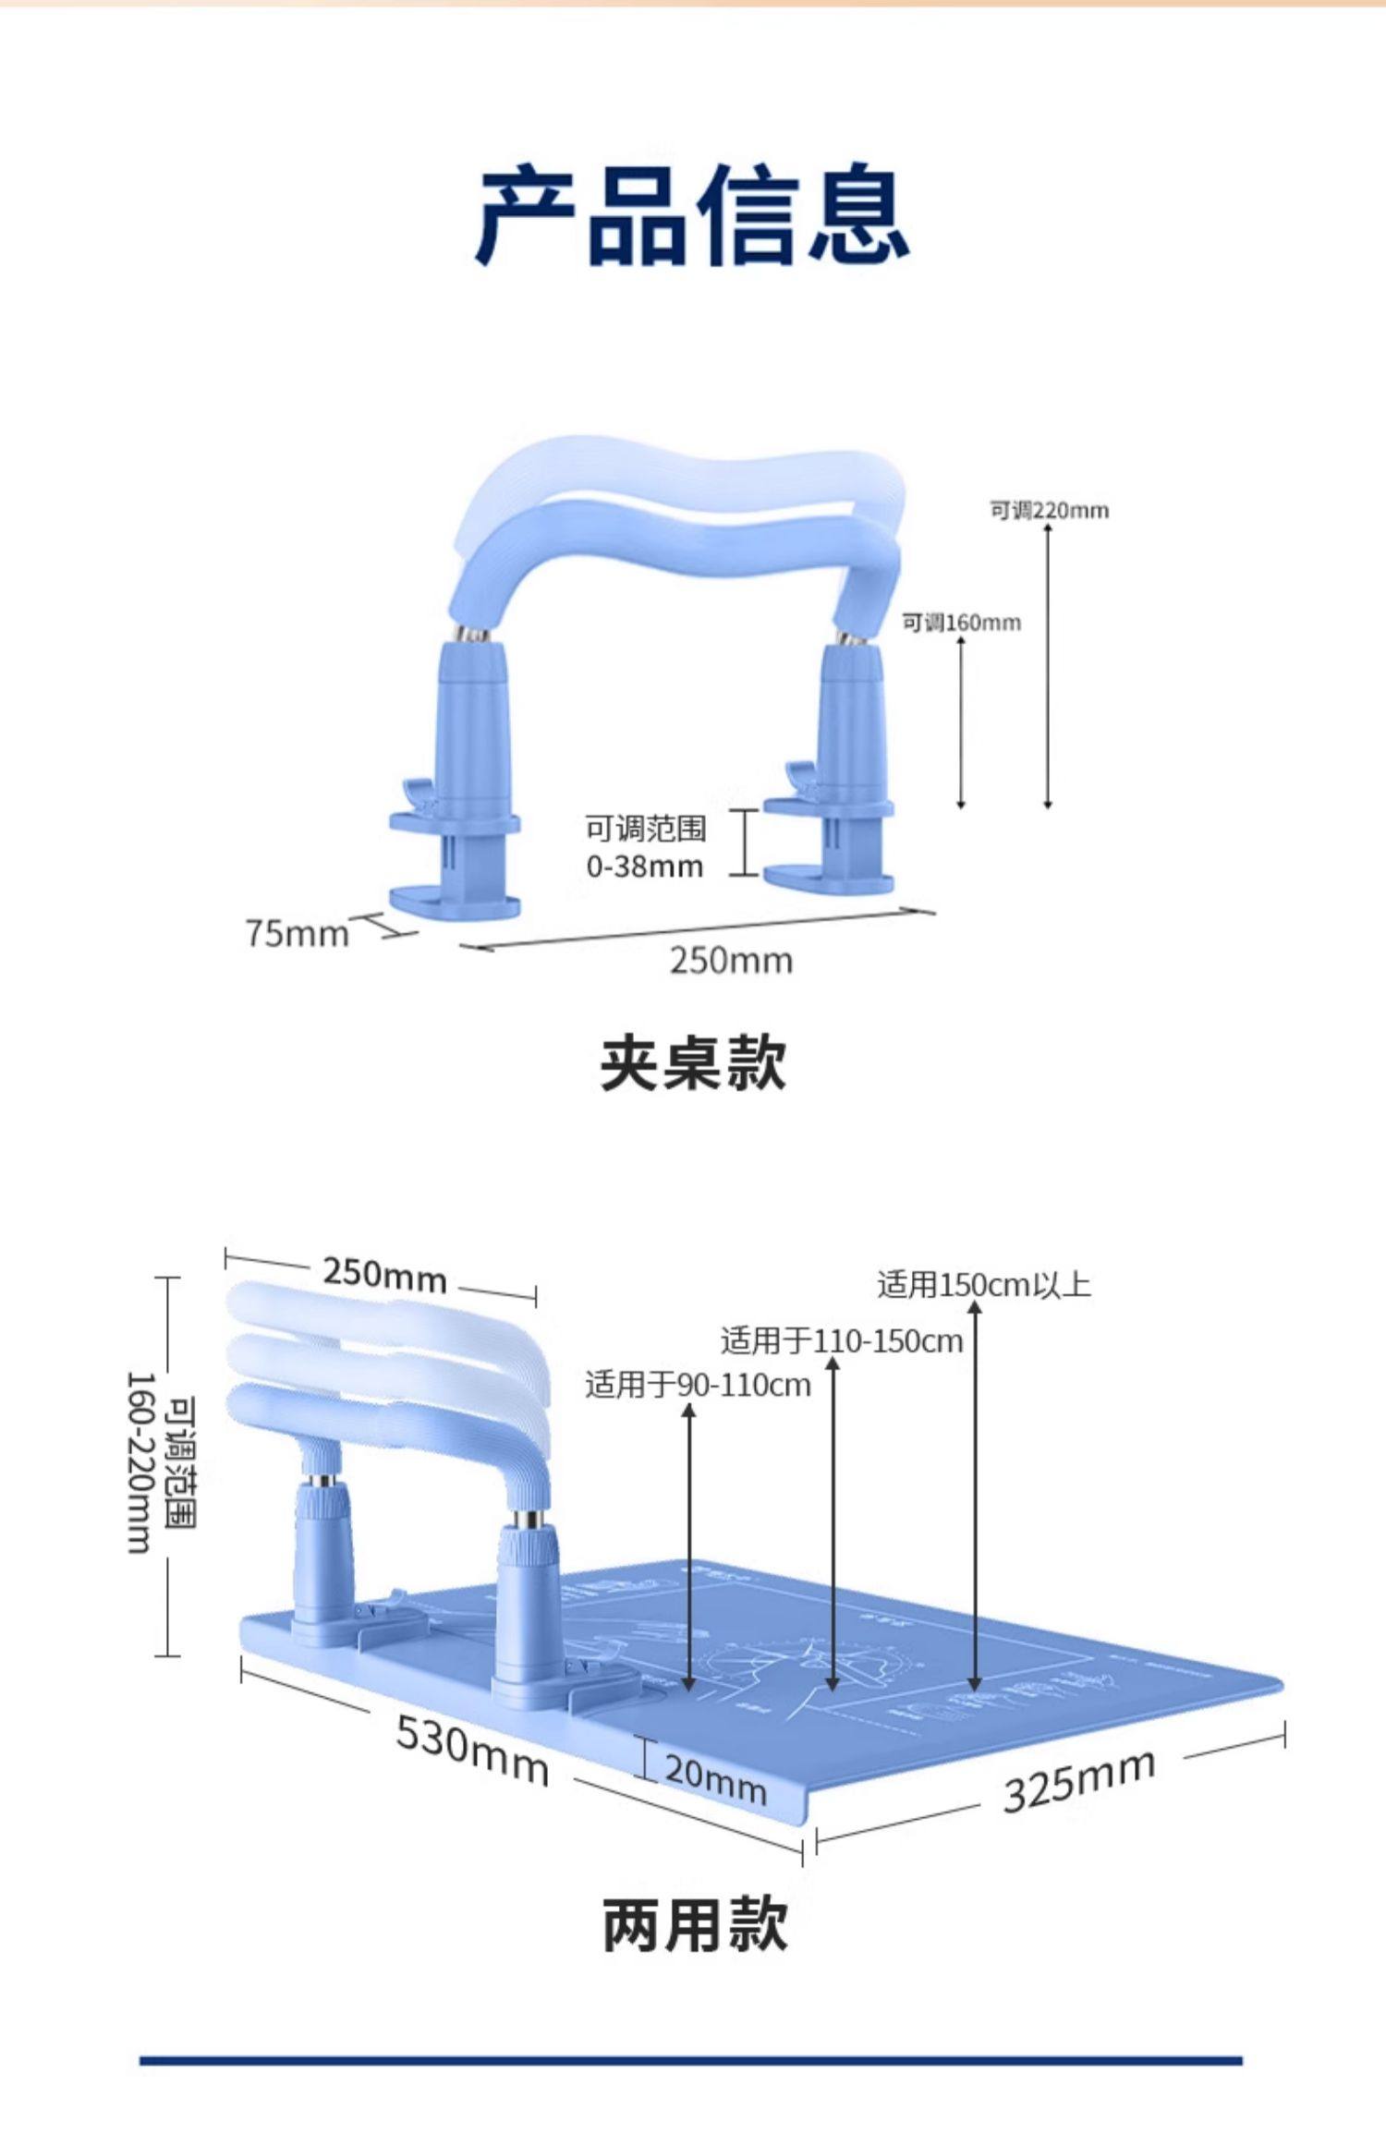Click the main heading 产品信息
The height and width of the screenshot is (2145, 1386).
click(x=692, y=214)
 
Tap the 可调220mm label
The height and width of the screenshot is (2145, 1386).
click(x=1049, y=510)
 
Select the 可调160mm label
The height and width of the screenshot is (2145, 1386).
click(x=961, y=623)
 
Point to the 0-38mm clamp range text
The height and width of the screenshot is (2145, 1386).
click(x=645, y=867)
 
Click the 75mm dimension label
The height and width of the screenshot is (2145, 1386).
click(x=297, y=933)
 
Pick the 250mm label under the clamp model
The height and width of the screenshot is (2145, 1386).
click(x=731, y=961)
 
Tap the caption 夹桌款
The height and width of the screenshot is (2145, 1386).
click(x=693, y=1064)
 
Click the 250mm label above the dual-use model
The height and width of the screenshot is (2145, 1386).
click(x=384, y=1276)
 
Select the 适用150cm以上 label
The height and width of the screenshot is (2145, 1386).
click(x=983, y=1285)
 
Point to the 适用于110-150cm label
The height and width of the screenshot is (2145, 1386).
click(x=841, y=1340)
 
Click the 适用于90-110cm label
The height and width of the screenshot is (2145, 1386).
click(x=698, y=1385)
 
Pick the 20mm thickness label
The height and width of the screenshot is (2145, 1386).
click(x=715, y=1779)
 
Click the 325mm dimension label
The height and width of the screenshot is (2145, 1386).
click(x=1079, y=1781)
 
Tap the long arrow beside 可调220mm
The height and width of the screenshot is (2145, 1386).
click(x=1048, y=665)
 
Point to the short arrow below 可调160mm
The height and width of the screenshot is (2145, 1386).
click(x=961, y=721)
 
